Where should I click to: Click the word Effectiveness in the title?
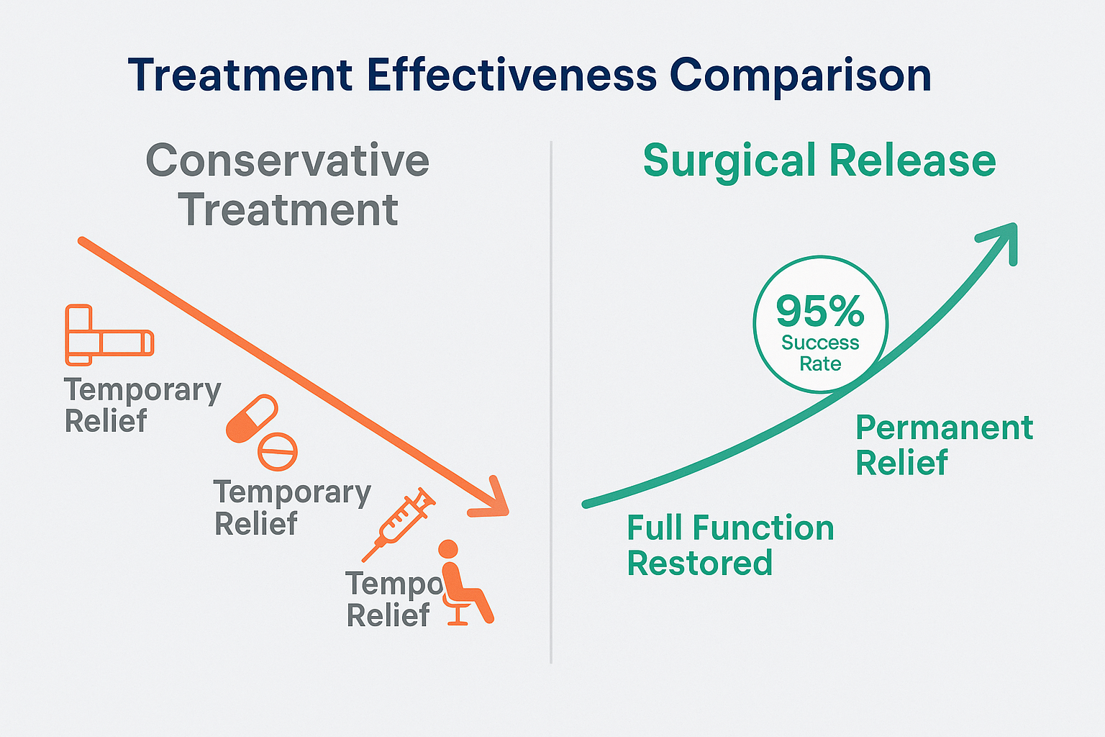511,75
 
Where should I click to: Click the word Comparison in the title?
800,76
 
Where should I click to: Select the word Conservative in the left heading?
288,160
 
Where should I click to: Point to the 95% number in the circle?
820,311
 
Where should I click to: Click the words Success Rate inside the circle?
820,353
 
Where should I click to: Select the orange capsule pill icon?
251,418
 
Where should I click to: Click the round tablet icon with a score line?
278,451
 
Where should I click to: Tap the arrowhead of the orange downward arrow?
492,500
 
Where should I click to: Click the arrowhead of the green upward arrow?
1003,238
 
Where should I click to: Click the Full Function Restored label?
729,546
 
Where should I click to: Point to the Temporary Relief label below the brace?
142,405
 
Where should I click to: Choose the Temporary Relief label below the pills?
292,507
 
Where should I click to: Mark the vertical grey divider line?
551,403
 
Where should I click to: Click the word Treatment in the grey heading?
288,210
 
